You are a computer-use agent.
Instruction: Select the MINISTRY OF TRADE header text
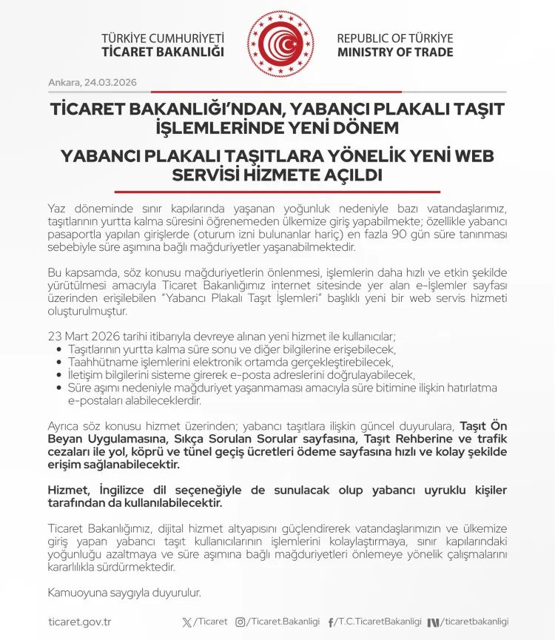[x=395, y=53]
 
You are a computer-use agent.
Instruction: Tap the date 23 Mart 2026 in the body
[x=86, y=335]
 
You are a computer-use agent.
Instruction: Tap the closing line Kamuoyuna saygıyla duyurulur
[x=124, y=593]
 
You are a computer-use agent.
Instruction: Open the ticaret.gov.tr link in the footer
[x=79, y=622]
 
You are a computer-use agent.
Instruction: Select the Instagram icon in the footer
[x=240, y=622]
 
